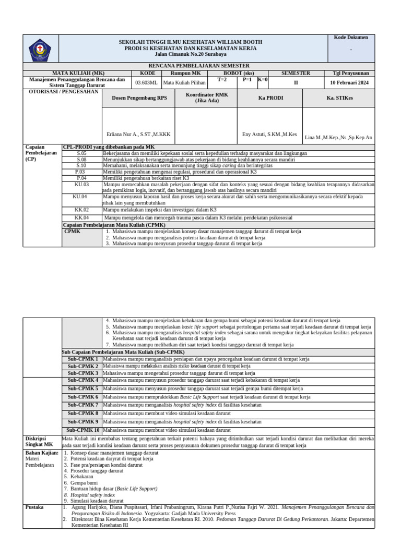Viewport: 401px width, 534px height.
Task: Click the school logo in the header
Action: click(40, 50)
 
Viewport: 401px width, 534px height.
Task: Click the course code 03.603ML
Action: click(146, 82)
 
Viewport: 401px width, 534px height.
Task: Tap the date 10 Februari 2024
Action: click(349, 82)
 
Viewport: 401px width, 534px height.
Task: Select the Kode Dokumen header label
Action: click(351, 38)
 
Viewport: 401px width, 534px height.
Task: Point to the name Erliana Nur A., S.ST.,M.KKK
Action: click(138, 134)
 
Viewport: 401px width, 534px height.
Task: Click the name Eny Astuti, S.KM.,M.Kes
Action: click(269, 134)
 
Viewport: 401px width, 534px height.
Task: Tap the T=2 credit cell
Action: click(222, 80)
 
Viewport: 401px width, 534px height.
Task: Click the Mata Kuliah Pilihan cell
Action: click(181, 82)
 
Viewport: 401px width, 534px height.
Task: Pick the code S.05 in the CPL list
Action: click(82, 153)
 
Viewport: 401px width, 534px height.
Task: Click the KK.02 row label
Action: click(82, 210)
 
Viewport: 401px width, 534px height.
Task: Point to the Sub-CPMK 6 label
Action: click(82, 397)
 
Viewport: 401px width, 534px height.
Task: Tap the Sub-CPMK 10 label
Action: click(82, 430)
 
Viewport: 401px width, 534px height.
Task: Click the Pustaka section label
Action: click(34, 507)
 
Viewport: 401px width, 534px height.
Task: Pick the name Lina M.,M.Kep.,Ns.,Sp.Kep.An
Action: click(338, 138)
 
